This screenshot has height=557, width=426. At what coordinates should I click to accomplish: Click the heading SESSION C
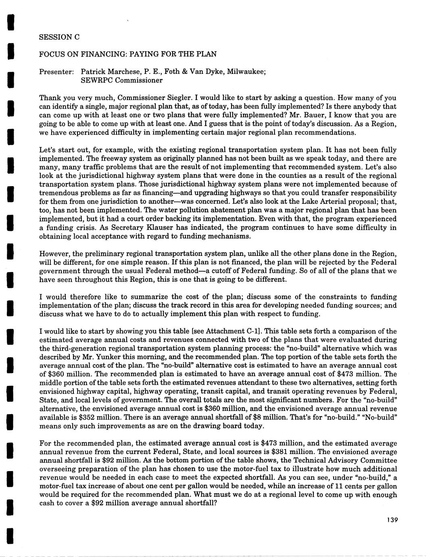pyautogui.click(x=59, y=37)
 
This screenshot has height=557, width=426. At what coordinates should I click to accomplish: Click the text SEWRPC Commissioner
pyautogui.click(x=122, y=80)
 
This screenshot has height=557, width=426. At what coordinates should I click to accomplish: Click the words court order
pyautogui.click(x=142, y=219)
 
